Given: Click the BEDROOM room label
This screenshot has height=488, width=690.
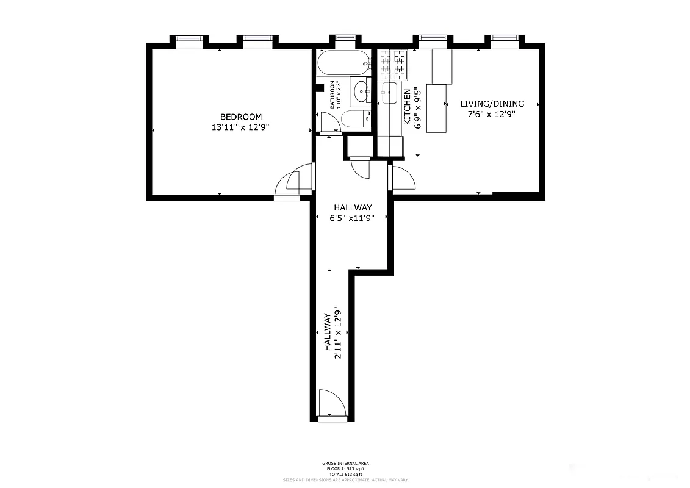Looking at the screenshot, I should coord(240,117).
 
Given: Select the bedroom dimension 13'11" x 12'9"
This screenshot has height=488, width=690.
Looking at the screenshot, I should coord(240,127).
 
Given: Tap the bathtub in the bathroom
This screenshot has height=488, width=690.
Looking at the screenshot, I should coord(343,62).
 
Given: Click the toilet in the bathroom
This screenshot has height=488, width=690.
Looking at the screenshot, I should coord(354,119).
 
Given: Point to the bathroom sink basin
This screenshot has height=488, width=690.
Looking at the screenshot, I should coord(361,92).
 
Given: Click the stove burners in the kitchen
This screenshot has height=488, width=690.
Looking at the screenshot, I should coord(394,65).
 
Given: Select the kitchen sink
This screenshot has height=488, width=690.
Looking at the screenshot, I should coord(389,93).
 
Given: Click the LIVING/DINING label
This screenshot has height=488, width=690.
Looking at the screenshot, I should coord(492,104).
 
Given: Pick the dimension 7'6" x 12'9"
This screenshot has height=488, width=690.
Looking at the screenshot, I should coord(492,114).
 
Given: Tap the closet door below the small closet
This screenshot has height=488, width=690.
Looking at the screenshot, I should coord(361,167).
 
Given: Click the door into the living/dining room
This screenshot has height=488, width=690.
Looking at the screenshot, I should coord(402,178).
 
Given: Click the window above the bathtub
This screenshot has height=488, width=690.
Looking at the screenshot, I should coord(345,41).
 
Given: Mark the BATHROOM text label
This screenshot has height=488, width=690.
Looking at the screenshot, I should coord(332,95).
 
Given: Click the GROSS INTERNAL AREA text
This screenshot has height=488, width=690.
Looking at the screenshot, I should coord(345,464).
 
